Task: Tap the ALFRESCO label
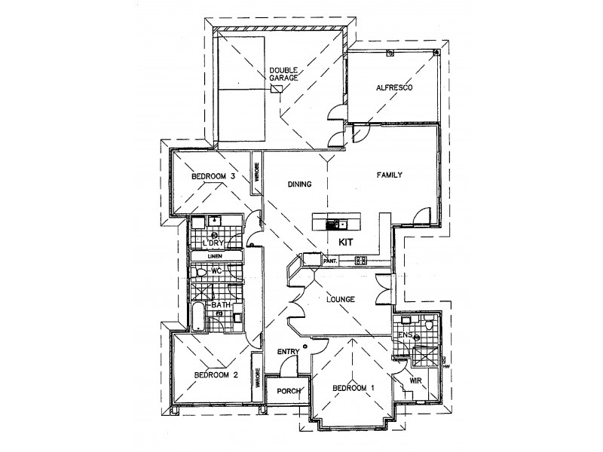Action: (x=393, y=88)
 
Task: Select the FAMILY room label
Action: (x=390, y=175)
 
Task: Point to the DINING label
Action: (x=300, y=183)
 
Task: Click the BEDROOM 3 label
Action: (x=214, y=176)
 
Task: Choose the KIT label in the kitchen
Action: (x=346, y=243)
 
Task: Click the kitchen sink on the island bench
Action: (x=341, y=223)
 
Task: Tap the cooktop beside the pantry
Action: (x=360, y=261)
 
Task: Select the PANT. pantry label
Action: (x=329, y=261)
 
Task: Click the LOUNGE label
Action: (x=340, y=299)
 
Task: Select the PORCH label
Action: (x=288, y=391)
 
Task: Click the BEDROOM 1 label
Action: (x=354, y=388)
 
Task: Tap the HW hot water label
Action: (x=446, y=367)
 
